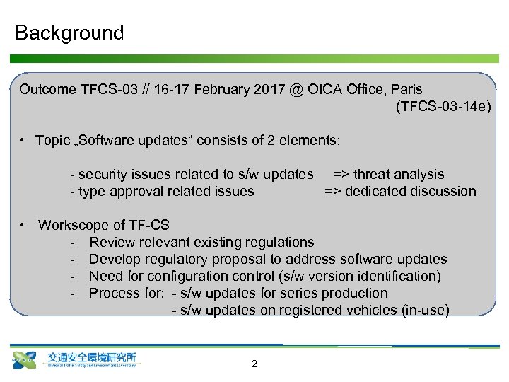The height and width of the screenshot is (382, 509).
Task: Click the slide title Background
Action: [69, 33]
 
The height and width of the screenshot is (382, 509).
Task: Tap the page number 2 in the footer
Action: [254, 364]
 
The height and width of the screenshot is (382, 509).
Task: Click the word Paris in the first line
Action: [406, 90]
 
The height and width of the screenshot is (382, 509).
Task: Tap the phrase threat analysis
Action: [399, 174]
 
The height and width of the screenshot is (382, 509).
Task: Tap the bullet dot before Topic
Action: [23, 141]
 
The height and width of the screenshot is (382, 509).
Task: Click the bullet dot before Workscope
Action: [23, 225]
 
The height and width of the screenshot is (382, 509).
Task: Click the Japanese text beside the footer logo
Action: [91, 357]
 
